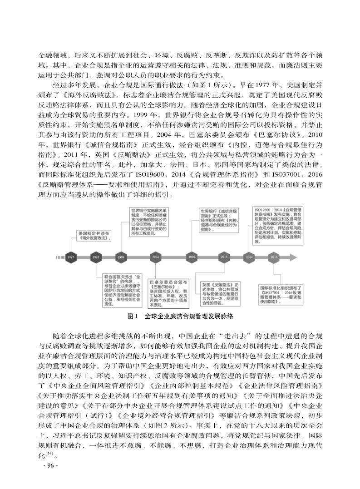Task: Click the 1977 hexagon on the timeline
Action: click(71, 257)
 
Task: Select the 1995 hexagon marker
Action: click(96, 257)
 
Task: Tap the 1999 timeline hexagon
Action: click(121, 257)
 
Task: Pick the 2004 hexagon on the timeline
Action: click(156, 257)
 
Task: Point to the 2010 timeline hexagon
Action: click(192, 257)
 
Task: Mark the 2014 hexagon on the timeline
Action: click(249, 257)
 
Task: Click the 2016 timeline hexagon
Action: click(274, 257)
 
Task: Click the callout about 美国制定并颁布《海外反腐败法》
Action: click(93, 235)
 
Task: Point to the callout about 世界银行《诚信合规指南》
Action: click(219, 221)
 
